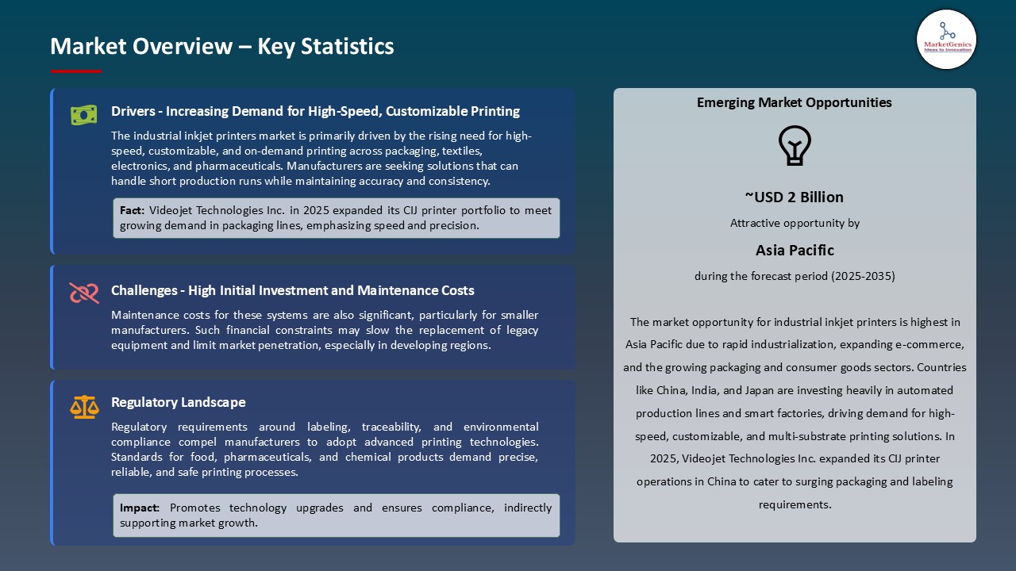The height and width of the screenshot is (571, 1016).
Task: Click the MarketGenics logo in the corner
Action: (946, 39)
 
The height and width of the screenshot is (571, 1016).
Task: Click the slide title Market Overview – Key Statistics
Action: (222, 46)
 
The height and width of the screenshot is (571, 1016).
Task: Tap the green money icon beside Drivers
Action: (83, 115)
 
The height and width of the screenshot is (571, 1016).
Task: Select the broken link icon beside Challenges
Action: (83, 293)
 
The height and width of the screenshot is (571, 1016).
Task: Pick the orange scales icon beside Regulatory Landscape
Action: (83, 407)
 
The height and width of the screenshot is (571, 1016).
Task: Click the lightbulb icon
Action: (794, 146)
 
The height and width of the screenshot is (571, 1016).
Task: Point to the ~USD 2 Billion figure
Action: (794, 197)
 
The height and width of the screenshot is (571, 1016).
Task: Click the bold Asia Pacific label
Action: (795, 251)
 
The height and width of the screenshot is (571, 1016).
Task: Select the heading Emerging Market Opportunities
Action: (794, 102)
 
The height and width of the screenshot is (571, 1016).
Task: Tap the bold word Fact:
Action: (132, 211)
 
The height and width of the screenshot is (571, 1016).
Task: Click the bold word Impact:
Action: (140, 508)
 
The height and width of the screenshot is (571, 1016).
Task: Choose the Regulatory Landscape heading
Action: (179, 402)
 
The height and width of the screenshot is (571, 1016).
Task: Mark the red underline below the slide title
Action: (76, 71)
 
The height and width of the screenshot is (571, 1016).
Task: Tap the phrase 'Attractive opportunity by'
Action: (795, 224)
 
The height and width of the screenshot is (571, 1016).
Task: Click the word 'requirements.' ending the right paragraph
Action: (795, 504)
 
